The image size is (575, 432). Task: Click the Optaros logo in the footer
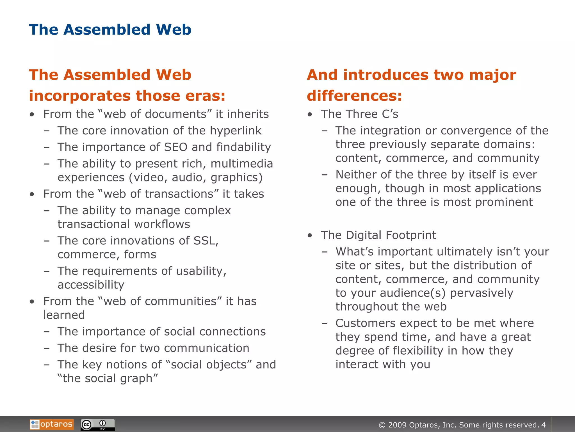point(52,424)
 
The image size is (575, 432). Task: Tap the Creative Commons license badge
point(98,425)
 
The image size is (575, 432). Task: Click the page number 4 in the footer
point(544,425)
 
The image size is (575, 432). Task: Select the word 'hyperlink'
point(236,131)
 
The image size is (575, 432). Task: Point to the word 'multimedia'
point(242,164)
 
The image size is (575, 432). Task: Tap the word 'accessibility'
point(91,285)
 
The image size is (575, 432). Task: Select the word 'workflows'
point(162,224)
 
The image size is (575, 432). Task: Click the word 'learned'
point(64,315)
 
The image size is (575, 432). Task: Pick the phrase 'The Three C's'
point(360,114)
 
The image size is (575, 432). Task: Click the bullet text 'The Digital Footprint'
point(378,235)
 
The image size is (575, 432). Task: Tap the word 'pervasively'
point(482,293)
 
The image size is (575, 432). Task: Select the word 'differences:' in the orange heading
point(354,96)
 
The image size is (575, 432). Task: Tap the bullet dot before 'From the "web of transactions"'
point(32,194)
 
